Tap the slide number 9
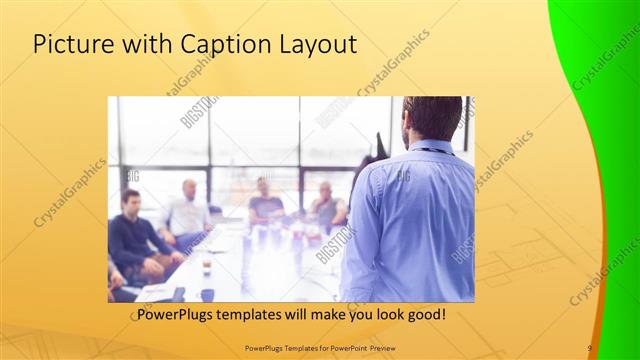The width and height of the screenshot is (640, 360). pyautogui.click(x=590, y=347)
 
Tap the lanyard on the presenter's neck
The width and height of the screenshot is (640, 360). pyautogui.click(x=433, y=151)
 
